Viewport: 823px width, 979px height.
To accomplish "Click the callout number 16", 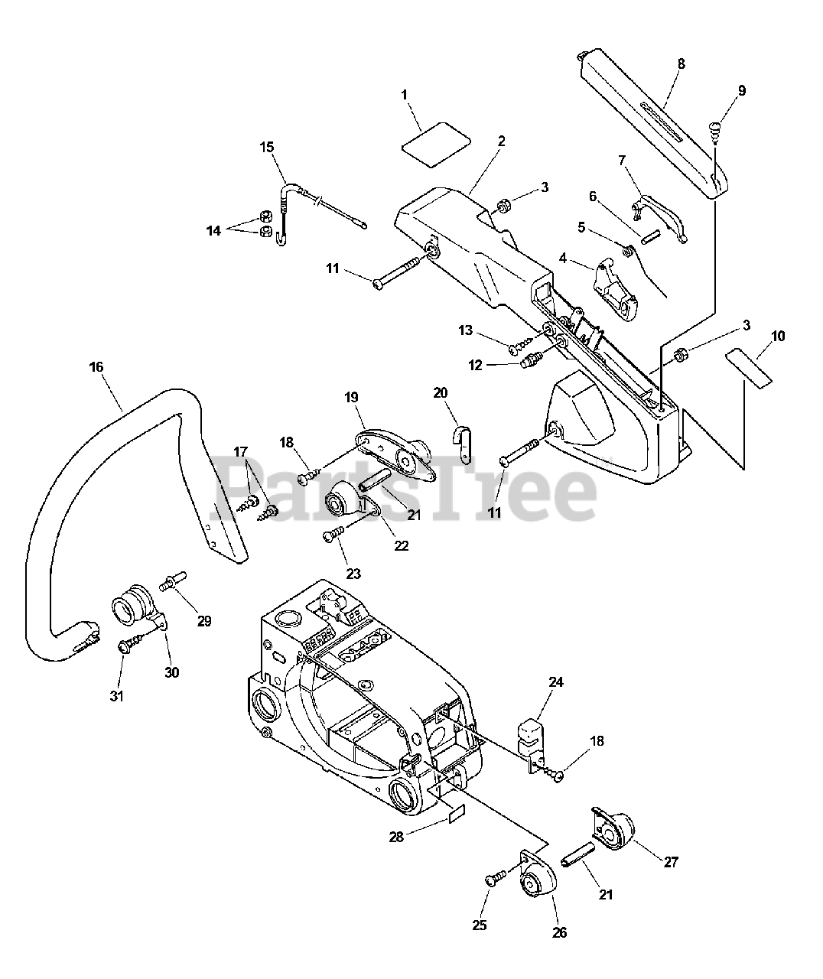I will coord(96,367).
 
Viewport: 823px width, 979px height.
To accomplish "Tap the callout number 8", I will coord(681,64).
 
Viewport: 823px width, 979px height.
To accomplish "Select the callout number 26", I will coord(559,933).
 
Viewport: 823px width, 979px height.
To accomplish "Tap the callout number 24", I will coord(555,681).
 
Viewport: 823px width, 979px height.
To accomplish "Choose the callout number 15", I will coord(266,147).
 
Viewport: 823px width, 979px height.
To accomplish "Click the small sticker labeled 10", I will coord(750,365).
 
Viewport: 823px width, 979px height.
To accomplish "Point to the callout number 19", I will coord(351,397).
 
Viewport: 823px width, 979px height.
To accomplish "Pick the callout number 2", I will coord(501,141).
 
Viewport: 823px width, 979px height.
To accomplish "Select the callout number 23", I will coord(354,574).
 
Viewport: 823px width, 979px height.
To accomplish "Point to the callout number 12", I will coord(476,366).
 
